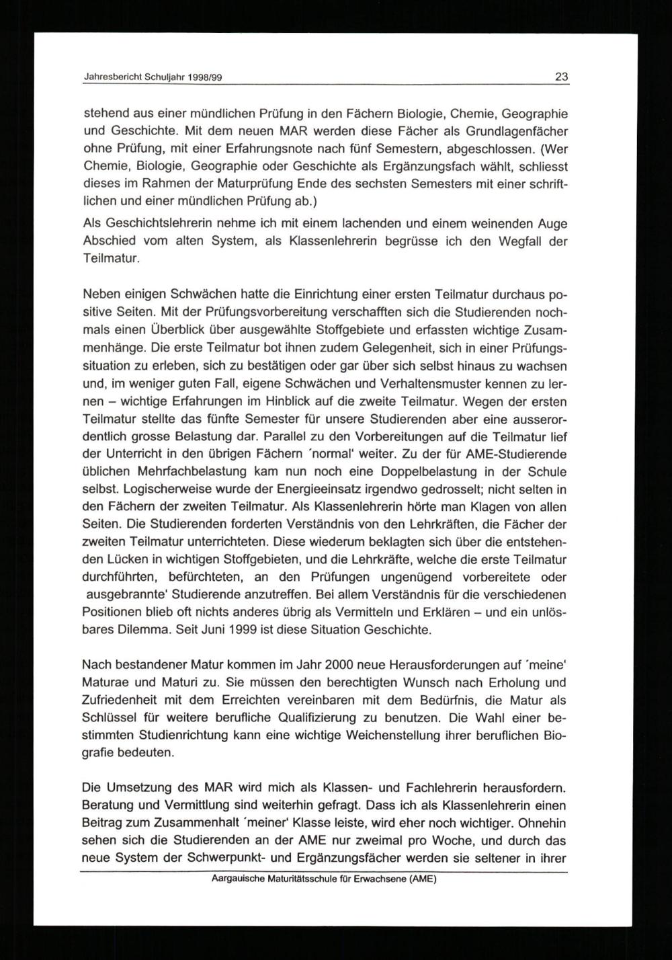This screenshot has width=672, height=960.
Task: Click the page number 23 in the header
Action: (x=561, y=77)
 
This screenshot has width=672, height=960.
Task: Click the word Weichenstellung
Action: (x=394, y=735)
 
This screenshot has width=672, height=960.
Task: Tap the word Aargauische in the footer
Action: (x=239, y=878)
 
